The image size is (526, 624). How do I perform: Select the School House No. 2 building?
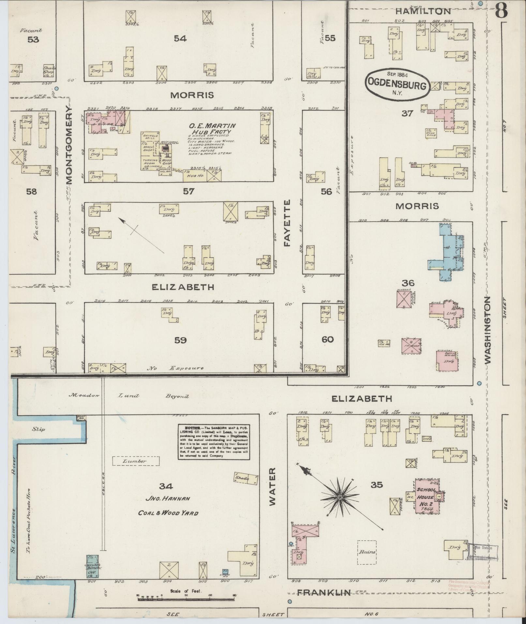tap(425, 498)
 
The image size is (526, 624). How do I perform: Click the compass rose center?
tap(340, 497)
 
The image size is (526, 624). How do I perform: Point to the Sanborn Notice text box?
tap(214, 442)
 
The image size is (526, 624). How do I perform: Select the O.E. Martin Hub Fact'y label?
tap(212, 129)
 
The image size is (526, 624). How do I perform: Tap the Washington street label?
tap(488, 330)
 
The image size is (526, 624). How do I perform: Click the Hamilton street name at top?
tap(423, 11)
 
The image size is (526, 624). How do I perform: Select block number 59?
tap(180, 340)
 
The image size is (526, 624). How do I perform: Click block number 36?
tap(408, 283)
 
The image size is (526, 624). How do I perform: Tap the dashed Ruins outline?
tap(367, 552)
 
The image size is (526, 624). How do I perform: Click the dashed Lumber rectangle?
tap(136, 461)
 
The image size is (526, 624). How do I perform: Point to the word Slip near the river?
tap(38, 429)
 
